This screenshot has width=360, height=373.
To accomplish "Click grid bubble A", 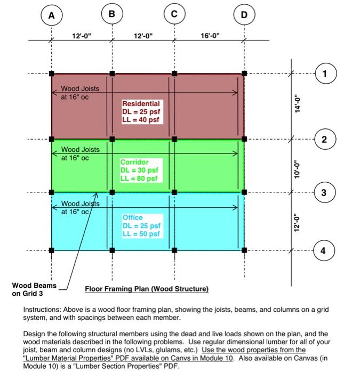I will [51, 16].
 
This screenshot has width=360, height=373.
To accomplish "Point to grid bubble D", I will [244, 15].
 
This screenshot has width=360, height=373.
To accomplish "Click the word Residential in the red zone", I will [141, 103].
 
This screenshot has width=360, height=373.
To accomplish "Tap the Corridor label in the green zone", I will [134, 162].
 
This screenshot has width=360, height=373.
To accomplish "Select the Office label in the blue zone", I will [133, 218].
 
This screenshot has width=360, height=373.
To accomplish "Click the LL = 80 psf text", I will [140, 179].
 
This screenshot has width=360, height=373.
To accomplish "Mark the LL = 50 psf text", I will [141, 234].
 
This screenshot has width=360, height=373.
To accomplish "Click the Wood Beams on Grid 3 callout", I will [34, 289].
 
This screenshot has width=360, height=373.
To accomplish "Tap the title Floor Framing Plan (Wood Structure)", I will [147, 289].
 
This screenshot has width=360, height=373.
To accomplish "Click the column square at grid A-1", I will [51, 73].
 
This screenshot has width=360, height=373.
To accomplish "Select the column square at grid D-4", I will [244, 249].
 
